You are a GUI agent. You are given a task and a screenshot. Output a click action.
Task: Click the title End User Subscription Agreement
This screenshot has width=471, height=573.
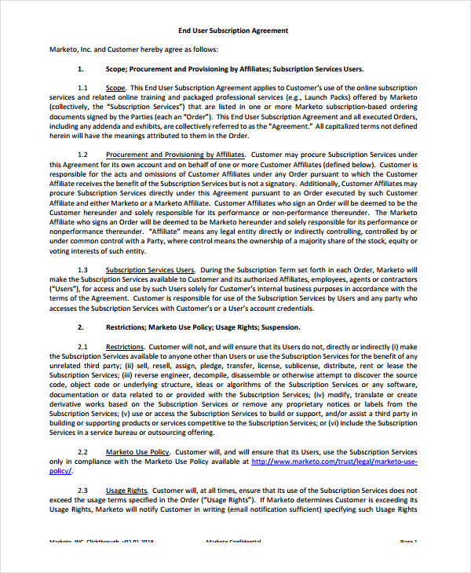click(x=233, y=31)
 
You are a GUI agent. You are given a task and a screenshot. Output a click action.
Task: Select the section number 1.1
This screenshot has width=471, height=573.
click(x=83, y=87)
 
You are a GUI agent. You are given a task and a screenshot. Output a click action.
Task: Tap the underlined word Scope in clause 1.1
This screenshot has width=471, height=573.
click(x=115, y=87)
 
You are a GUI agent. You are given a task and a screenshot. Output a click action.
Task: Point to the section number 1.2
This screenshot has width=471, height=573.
click(x=83, y=155)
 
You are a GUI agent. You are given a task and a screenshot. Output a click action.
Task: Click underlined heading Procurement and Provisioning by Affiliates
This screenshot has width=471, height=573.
click(x=175, y=155)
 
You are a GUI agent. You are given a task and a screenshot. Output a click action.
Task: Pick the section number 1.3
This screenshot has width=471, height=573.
click(x=83, y=269)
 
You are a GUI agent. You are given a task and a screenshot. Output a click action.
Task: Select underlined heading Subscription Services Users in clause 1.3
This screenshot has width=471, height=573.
click(x=150, y=269)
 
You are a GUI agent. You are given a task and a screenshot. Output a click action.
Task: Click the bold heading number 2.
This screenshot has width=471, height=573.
click(x=81, y=327)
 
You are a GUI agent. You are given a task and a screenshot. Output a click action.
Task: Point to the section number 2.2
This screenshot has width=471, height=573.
click(x=83, y=452)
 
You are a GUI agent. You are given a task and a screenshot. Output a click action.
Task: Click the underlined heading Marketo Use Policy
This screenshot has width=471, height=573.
click(x=137, y=452)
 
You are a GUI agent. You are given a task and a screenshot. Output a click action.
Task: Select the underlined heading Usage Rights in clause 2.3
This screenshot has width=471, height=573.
click(x=126, y=490)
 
